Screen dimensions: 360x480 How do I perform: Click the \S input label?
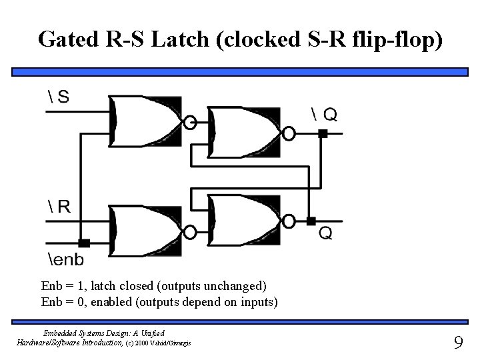[59, 97]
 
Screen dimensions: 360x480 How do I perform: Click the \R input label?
[59, 207]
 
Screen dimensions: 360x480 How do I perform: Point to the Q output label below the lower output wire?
[325, 233]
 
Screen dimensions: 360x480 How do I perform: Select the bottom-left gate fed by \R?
[146, 231]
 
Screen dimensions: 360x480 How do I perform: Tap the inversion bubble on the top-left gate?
[190, 122]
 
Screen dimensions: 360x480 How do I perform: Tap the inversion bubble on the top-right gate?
[289, 133]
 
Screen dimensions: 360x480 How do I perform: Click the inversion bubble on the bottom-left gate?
[190, 232]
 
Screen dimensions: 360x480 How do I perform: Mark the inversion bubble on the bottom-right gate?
[289, 221]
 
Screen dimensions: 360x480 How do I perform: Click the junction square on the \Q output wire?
[323, 134]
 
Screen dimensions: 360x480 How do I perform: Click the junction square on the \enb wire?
[85, 243]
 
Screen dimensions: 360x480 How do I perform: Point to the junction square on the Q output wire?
[311, 221]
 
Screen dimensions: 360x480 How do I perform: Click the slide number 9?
[458, 343]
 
